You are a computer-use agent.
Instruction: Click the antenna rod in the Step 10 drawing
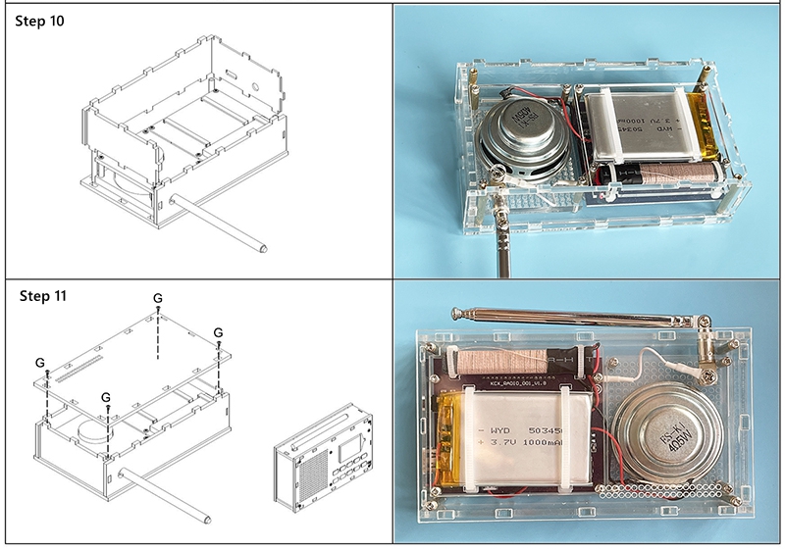pyautogui.click(x=220, y=223)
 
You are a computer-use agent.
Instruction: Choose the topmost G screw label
pyautogui.click(x=158, y=297)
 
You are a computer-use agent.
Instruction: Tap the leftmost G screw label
pyautogui.click(x=39, y=362)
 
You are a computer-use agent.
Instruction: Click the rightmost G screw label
pyautogui.click(x=218, y=331)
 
